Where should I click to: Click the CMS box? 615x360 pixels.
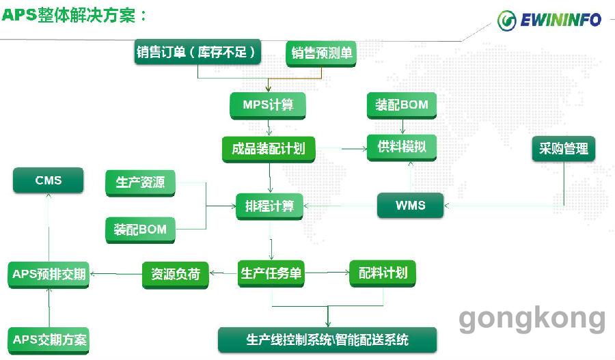pyautogui.click(x=49, y=180)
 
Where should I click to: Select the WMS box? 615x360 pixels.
pyautogui.click(x=410, y=205)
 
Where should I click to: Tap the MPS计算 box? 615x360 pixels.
pyautogui.click(x=267, y=105)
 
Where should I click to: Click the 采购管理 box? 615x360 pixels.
pyautogui.click(x=564, y=149)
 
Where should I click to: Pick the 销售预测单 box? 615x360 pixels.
pyautogui.click(x=321, y=53)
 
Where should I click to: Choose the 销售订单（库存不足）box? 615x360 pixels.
pyautogui.click(x=197, y=52)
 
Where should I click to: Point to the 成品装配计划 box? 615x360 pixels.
pyautogui.click(x=269, y=149)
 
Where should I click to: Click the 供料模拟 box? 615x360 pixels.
pyautogui.click(x=402, y=148)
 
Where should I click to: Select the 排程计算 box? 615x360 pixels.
pyautogui.click(x=269, y=206)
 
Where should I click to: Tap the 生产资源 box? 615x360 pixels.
pyautogui.click(x=140, y=183)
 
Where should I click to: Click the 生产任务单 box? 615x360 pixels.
pyautogui.click(x=271, y=274)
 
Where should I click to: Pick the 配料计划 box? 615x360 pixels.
pyautogui.click(x=383, y=273)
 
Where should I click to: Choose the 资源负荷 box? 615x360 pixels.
pyautogui.click(x=176, y=275)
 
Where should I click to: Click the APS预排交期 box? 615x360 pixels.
pyautogui.click(x=49, y=275)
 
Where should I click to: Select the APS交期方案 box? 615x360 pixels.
pyautogui.click(x=49, y=340)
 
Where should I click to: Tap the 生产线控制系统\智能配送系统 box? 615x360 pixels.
pyautogui.click(x=327, y=340)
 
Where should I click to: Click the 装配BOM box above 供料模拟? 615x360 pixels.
pyautogui.click(x=402, y=105)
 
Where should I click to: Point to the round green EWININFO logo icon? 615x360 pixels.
pyautogui.click(x=506, y=20)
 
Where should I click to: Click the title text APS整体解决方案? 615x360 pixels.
pyautogui.click(x=74, y=15)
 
